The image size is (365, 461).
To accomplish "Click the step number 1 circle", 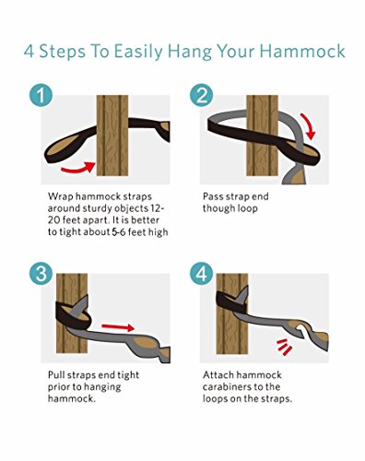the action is [41, 95].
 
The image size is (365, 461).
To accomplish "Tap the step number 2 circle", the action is [201, 95].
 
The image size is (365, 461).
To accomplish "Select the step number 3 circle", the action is [41, 273].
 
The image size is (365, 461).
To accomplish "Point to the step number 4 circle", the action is [201, 273].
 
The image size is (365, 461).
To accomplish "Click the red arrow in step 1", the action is [78, 168].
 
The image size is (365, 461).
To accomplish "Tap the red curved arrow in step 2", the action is [310, 126].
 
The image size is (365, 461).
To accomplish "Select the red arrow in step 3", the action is [118, 327].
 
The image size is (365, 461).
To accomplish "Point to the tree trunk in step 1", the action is [112, 136].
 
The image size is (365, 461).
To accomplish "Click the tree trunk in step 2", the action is [263, 136].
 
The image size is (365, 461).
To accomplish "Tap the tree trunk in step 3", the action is [72, 313].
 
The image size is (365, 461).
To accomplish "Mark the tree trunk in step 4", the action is [232, 313].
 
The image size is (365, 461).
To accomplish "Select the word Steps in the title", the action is [63, 52].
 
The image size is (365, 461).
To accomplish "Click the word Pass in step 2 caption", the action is [213, 196].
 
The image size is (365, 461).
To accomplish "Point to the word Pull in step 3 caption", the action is [56, 375].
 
